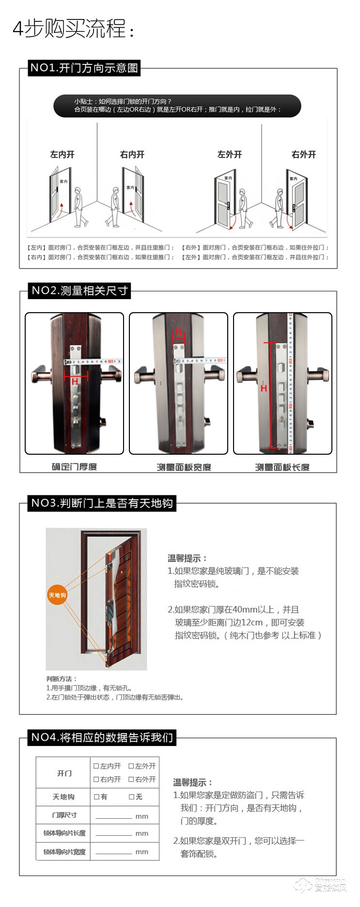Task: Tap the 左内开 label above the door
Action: coord(63,155)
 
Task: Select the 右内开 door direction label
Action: coord(132,155)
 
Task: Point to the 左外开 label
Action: coord(230,155)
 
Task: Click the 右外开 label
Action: coord(304,155)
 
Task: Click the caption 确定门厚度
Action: coord(74,467)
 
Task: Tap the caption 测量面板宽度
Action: coord(184,467)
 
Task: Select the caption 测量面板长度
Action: coord(282,467)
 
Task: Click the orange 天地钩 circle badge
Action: coord(57,595)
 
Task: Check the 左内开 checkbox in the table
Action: coord(96,766)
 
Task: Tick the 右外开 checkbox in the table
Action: coord(131,780)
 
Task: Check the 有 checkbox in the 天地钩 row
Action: coord(96,797)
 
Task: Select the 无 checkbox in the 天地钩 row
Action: coord(131,797)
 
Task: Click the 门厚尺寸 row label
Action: coord(64,815)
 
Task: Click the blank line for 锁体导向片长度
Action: coord(114,834)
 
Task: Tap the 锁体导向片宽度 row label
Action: coord(64,852)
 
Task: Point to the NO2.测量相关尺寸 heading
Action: coord(79,291)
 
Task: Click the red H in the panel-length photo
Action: coord(264,388)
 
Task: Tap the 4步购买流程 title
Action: coord(73,29)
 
